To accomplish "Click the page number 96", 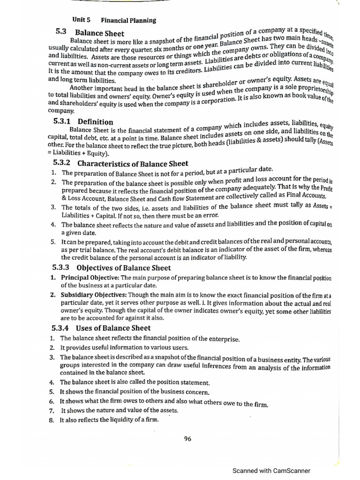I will pos(187,439).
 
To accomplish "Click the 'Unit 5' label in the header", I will pos(81,20).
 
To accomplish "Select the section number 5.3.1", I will pos(63,122).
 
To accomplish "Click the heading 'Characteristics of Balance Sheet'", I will pos(133,164).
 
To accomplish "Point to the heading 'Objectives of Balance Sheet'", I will pos(123,268).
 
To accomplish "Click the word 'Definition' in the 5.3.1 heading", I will pos(95,122).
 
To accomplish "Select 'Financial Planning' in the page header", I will pos(128,20).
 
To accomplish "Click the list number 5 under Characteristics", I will pos(53,242).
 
